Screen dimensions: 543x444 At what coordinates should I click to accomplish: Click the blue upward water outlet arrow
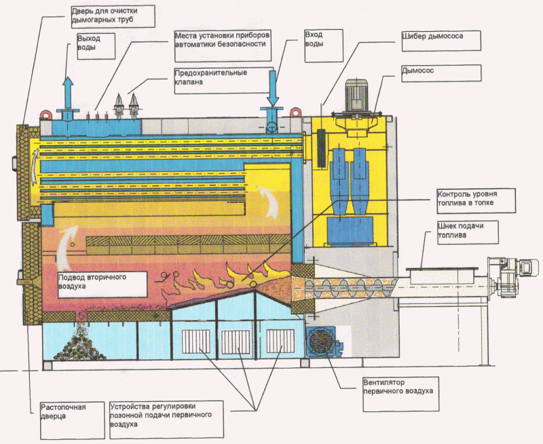[x=68, y=92]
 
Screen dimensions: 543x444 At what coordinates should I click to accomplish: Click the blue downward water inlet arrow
[x=273, y=89]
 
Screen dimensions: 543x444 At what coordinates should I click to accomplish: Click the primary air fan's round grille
[x=320, y=341]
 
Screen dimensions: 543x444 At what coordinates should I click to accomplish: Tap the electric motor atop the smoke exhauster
[x=356, y=94]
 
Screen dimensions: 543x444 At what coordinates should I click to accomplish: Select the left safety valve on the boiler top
[x=119, y=105]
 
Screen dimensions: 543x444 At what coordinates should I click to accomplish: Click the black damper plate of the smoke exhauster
[x=322, y=148]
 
